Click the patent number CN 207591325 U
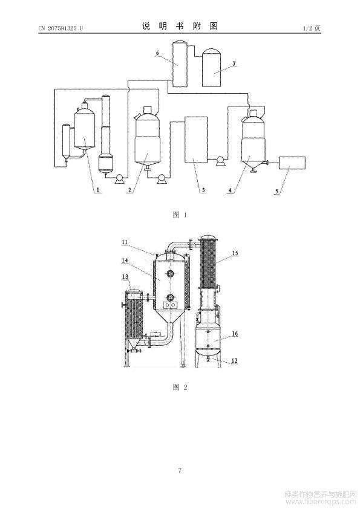click(x=61, y=28)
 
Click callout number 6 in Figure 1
click(x=157, y=53)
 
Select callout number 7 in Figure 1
click(x=234, y=63)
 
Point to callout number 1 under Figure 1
click(x=97, y=189)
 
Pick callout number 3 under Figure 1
click(x=203, y=190)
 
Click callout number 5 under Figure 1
click(x=277, y=191)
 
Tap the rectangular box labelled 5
click(x=292, y=163)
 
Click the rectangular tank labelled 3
click(x=196, y=140)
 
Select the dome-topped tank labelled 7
click(x=212, y=68)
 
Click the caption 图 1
click(x=180, y=215)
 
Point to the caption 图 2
click(x=180, y=387)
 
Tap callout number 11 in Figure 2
click(x=125, y=242)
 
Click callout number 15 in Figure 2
click(x=235, y=253)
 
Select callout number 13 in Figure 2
click(x=125, y=277)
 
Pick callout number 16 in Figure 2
click(x=235, y=333)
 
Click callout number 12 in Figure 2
click(x=235, y=360)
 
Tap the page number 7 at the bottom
click(x=180, y=470)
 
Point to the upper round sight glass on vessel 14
click(x=169, y=273)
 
